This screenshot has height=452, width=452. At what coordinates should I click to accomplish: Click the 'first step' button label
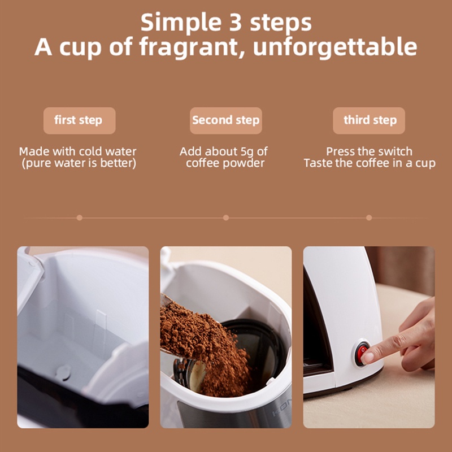pyautogui.click(x=78, y=120)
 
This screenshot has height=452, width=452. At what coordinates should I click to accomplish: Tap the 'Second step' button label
pyautogui.click(x=225, y=120)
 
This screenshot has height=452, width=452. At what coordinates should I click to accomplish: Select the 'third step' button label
pyautogui.click(x=370, y=120)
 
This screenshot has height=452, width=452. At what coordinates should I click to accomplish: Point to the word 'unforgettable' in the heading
pyautogui.click(x=335, y=46)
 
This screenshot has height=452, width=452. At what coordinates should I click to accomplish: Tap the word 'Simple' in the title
pyautogui.click(x=181, y=23)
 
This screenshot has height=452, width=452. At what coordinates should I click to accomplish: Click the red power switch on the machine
pyautogui.click(x=362, y=353)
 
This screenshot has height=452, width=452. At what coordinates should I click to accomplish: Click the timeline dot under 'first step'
pyautogui.click(x=80, y=218)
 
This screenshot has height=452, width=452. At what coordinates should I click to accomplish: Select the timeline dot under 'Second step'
pyautogui.click(x=226, y=218)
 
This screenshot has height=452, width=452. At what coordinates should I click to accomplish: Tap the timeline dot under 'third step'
pyautogui.click(x=369, y=218)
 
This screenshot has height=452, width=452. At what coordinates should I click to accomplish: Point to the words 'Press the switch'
pyautogui.click(x=369, y=151)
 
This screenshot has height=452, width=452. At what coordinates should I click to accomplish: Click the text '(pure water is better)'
pyautogui.click(x=79, y=163)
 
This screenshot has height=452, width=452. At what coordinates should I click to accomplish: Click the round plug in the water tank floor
pyautogui.click(x=64, y=372)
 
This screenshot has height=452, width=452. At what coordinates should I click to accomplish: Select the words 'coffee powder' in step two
pyautogui.click(x=225, y=163)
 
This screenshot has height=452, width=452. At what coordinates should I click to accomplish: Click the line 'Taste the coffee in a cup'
pyautogui.click(x=370, y=163)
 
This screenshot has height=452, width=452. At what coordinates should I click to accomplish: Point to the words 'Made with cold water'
pyautogui.click(x=78, y=151)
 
